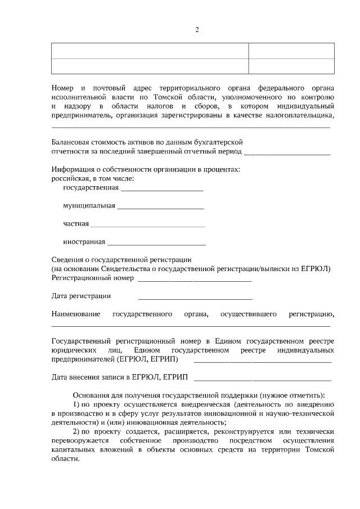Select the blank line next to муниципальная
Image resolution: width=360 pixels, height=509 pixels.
pos(160,209)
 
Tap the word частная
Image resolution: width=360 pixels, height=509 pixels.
pos(76,224)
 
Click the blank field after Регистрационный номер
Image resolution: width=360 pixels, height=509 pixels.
pos(194,280)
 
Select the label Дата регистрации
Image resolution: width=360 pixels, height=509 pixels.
pos(81,296)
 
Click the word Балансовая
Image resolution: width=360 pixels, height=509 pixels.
pos(71,142)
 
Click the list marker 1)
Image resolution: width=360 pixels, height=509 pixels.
pos(78,404)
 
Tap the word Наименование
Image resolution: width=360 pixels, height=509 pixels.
pos(76,314)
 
